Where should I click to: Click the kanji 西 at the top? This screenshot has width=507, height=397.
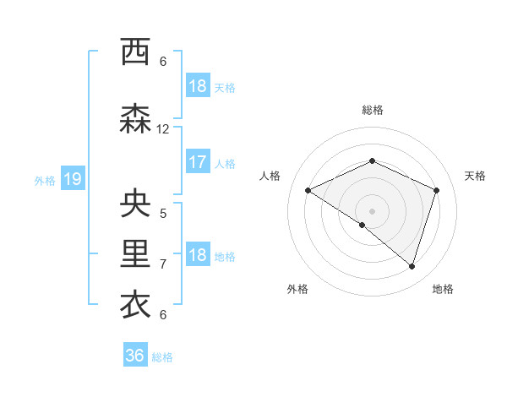tap(136, 52)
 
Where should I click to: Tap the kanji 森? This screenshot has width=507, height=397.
tap(136, 119)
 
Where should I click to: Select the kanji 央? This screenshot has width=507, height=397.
tap(136, 204)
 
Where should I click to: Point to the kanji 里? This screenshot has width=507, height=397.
tap(136, 254)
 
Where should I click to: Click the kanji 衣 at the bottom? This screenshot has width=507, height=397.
tap(136, 304)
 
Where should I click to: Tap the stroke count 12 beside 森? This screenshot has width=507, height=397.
tap(163, 129)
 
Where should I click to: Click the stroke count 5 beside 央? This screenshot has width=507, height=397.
tap(163, 213)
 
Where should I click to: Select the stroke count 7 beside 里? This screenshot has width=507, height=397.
tap(163, 264)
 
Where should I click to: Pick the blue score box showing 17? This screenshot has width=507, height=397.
tap(197, 162)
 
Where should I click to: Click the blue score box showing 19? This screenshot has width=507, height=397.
tap(72, 179)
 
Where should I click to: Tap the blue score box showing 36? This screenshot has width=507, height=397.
tap(135, 356)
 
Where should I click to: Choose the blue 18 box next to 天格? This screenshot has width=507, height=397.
tap(197, 86)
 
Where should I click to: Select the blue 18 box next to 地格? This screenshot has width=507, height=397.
tap(197, 255)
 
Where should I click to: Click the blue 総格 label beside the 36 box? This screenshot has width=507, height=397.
tap(163, 357)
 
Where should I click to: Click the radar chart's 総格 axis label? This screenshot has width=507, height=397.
tap(373, 110)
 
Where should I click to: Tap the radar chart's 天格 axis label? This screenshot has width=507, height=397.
tap(475, 176)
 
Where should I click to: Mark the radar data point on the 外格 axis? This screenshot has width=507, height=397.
tap(363, 226)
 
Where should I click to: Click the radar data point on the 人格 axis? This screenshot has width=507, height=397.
tap(308, 191)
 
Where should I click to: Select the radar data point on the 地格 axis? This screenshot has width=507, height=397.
tap(412, 266)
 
